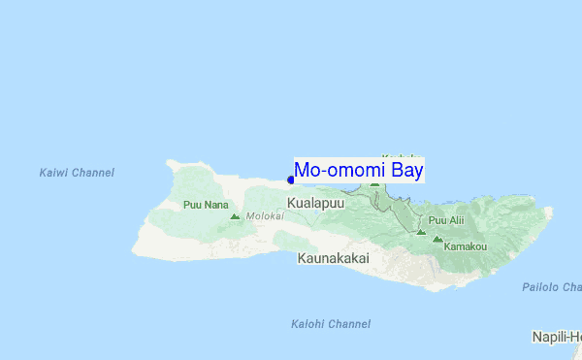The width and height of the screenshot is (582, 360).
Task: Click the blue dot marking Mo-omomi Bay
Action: coord(291,180)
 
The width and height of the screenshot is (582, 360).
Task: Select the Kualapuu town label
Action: coord(315,203)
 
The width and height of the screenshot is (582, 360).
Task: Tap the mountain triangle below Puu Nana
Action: coord(235,215)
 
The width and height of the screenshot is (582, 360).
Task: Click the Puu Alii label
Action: coord(446,220)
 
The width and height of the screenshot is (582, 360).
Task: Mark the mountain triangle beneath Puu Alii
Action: coord(421,232)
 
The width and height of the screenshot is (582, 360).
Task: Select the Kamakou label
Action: coord(465,246)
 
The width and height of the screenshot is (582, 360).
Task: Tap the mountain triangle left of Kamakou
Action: coord(437,238)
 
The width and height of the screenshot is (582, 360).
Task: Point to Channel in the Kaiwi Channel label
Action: coord(92,173)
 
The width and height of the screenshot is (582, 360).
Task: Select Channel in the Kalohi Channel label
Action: coord(348,323)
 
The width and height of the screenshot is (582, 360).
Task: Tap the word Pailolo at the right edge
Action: coord(541,287)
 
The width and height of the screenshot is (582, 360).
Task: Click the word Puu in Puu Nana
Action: coord(191,205)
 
